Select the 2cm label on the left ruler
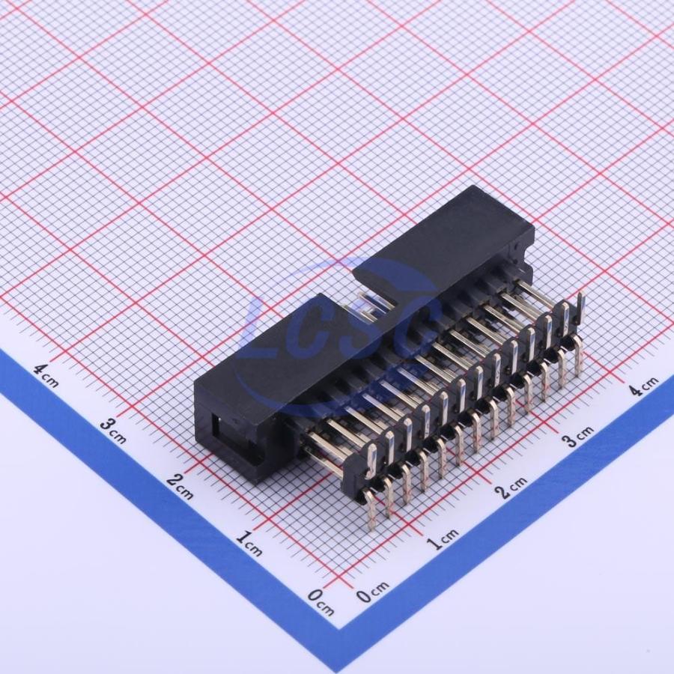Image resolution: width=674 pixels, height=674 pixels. [180, 487]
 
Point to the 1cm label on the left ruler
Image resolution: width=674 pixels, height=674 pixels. [249, 544]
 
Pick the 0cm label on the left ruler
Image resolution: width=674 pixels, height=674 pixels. [321, 601]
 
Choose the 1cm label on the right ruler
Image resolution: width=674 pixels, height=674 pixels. [443, 538]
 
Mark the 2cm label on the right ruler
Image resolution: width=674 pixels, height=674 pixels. [513, 487]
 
